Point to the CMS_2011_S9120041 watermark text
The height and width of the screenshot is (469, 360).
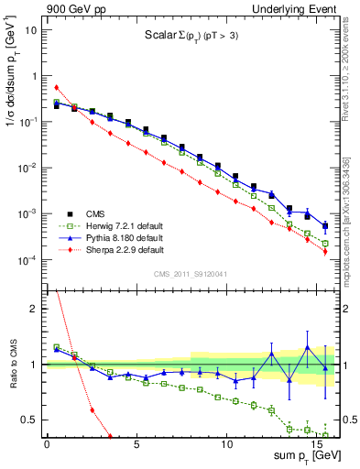191,274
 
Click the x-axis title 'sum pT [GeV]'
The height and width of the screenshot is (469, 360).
304,455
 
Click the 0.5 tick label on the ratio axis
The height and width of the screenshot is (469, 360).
30,420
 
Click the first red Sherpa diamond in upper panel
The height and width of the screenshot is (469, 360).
57,88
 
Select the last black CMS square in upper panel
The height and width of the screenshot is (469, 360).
325,226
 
